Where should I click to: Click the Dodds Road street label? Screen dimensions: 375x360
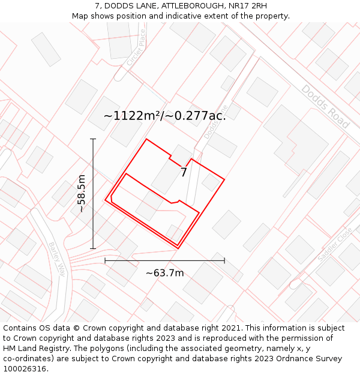pyautogui.click(x=325, y=106)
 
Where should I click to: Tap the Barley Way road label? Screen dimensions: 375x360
pyautogui.click(x=56, y=258)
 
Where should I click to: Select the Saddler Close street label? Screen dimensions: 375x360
pyautogui.click(x=335, y=244)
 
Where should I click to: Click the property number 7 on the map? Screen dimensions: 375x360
pyautogui.click(x=184, y=173)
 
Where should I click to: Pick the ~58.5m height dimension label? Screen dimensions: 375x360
pyautogui.click(x=82, y=193)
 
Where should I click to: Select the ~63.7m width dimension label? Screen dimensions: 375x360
pyautogui.click(x=164, y=273)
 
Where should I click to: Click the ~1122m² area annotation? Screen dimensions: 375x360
pyautogui.click(x=164, y=116)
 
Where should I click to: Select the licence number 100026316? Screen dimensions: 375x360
pyautogui.click(x=25, y=369)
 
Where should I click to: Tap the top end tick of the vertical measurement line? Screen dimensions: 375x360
pyautogui.click(x=93, y=139)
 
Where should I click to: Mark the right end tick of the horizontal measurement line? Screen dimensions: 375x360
pyautogui.click(x=224, y=260)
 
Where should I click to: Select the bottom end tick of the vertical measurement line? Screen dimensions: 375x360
pyautogui.click(x=93, y=248)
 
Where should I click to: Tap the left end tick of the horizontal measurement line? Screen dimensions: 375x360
pyautogui.click(x=105, y=260)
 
